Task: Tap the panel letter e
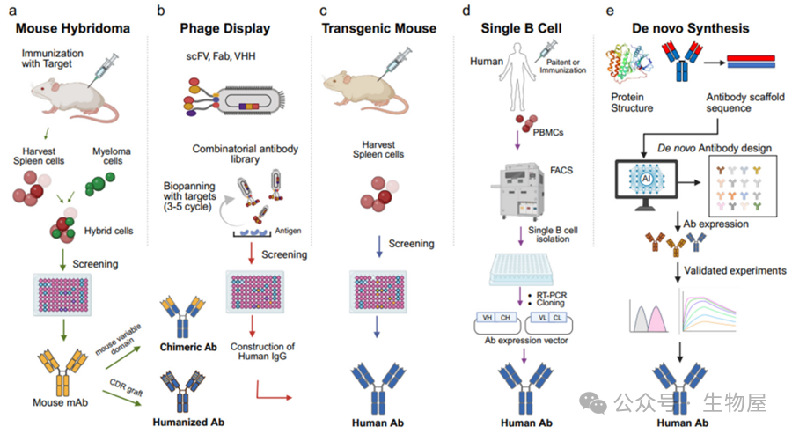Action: point(610,11)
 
